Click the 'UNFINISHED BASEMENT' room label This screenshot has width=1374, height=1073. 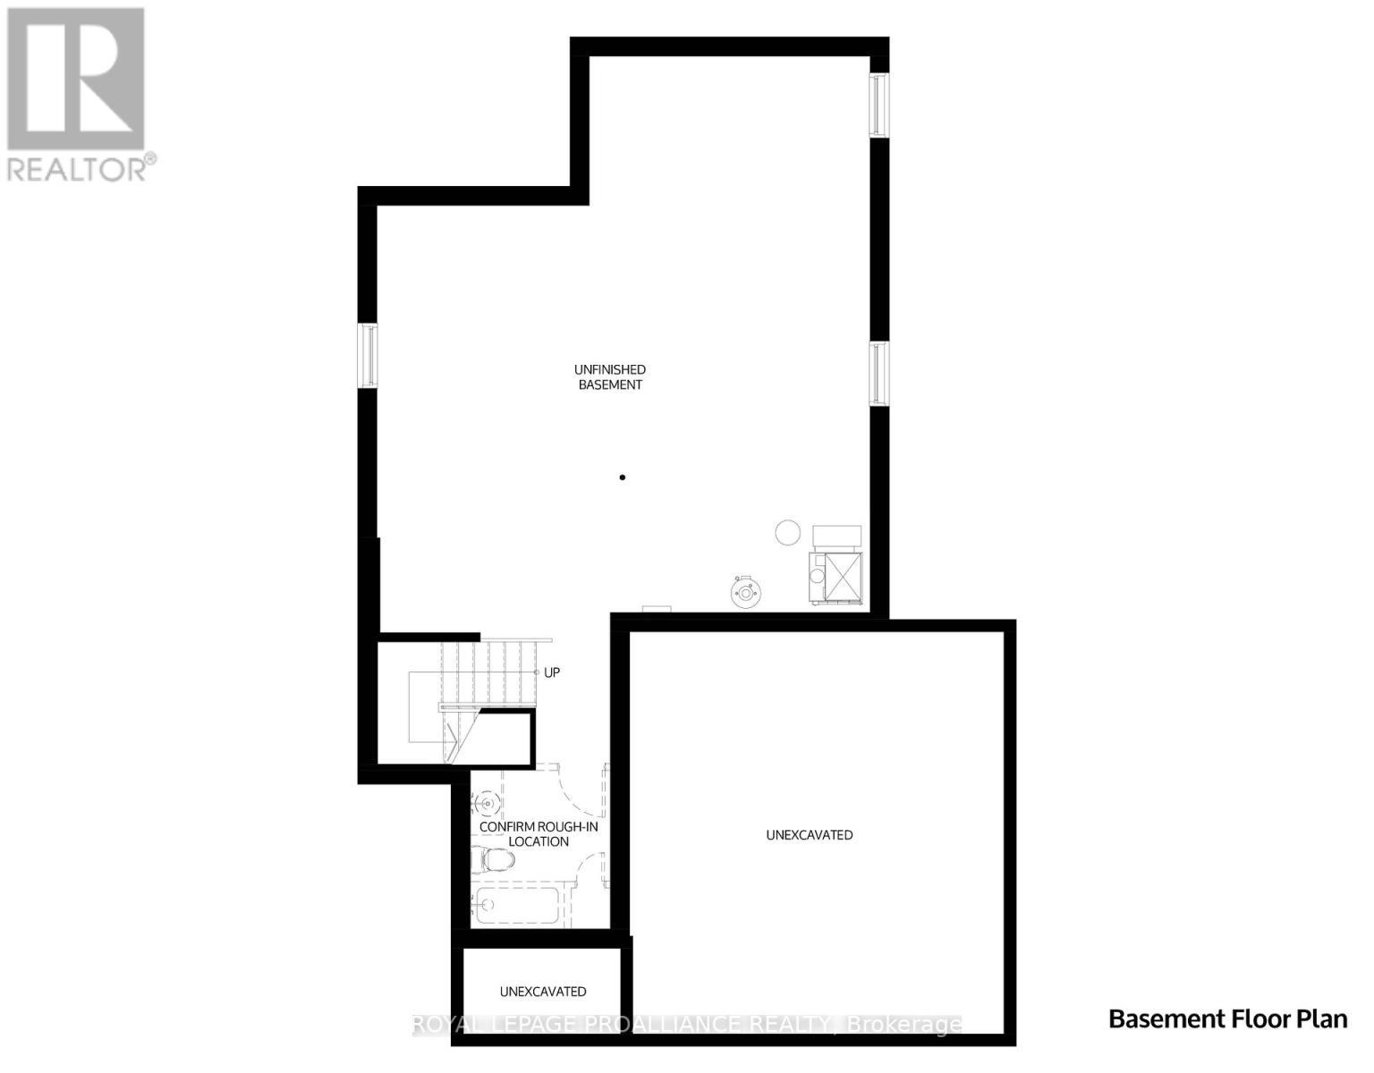pos(610,377)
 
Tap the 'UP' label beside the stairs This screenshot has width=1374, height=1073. pos(552,672)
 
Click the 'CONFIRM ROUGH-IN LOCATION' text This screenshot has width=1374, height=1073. pos(539,834)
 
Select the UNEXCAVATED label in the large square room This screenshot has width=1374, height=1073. pos(810,835)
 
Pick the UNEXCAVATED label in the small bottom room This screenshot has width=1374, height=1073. pos(543,992)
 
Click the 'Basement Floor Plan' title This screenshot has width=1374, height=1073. pos(1227,1018)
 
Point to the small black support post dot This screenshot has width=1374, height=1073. pos(623,477)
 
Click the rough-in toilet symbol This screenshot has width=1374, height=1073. pos(495,861)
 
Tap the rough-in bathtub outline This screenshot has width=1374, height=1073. pos(518,907)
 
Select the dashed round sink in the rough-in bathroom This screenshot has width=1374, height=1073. pos(487,803)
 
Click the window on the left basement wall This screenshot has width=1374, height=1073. pos(368,356)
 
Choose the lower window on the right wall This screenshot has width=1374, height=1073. pos(880,373)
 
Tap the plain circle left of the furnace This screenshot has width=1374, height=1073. pos(787,533)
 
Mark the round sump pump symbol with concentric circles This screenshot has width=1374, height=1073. pos(743,591)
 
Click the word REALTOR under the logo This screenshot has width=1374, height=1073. pos(79,169)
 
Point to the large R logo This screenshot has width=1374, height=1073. pos(75,78)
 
